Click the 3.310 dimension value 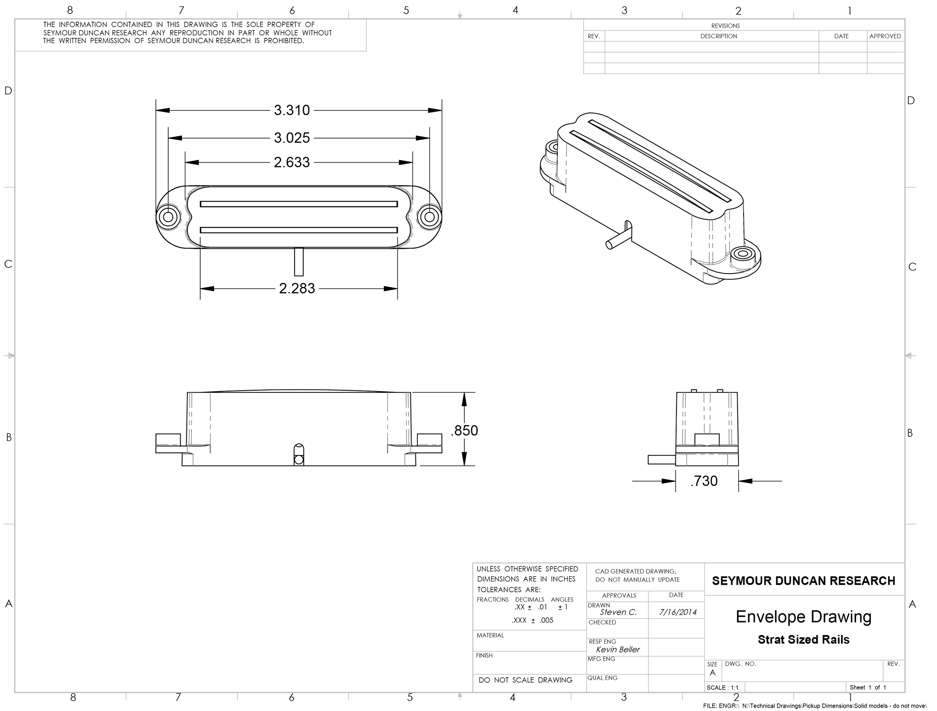(292, 110)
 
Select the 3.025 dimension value (292, 137)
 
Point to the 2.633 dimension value (292, 162)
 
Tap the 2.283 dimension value (297, 288)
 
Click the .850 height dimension (464, 430)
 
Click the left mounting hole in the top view (168, 217)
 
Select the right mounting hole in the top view (430, 217)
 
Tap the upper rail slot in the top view (299, 204)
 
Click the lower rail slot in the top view (299, 230)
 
